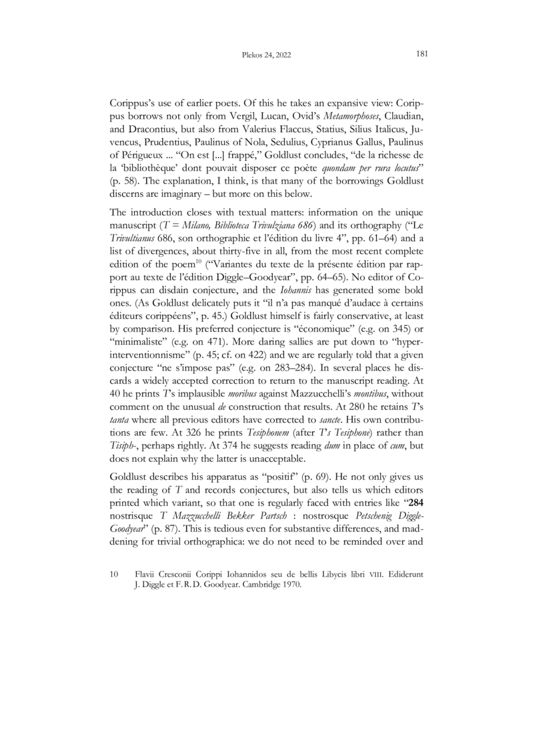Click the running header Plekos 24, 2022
coord(266,55)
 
